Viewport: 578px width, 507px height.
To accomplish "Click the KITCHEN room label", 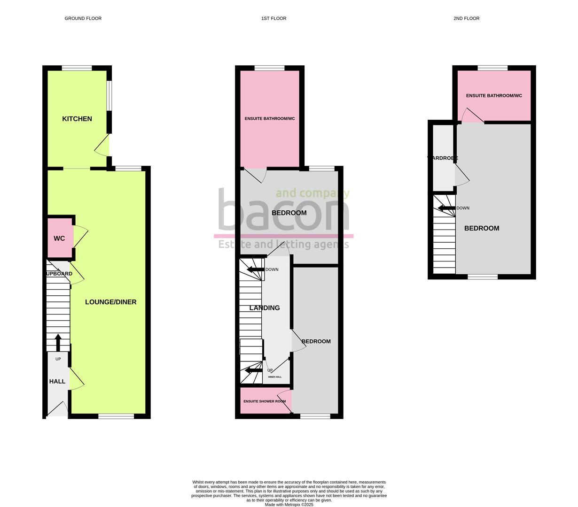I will pyautogui.click(x=77, y=119).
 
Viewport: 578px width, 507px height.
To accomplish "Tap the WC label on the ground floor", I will pyautogui.click(x=59, y=238).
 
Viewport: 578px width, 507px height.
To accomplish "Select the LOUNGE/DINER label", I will pyautogui.click(x=110, y=302).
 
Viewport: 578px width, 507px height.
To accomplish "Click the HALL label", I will pyautogui.click(x=57, y=381).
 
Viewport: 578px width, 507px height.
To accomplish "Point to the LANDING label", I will pyautogui.click(x=265, y=308).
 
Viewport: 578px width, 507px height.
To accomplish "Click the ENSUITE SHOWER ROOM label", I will pyautogui.click(x=265, y=401).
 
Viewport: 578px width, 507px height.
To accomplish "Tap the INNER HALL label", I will pyautogui.click(x=275, y=377).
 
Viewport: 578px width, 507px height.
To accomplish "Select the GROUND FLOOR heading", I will pyautogui.click(x=83, y=18).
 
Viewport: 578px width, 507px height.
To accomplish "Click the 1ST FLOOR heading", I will pyautogui.click(x=273, y=18).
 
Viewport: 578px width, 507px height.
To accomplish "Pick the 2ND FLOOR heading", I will pyautogui.click(x=466, y=18).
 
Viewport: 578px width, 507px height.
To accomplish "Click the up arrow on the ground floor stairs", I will pyautogui.click(x=58, y=342).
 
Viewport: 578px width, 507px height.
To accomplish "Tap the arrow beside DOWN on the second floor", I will pyautogui.click(x=446, y=208).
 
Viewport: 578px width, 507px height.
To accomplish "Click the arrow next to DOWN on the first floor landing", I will pyautogui.click(x=255, y=269).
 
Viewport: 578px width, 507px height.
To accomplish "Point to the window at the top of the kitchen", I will pyautogui.click(x=77, y=69).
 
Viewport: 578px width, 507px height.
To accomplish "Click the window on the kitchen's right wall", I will pyautogui.click(x=109, y=96).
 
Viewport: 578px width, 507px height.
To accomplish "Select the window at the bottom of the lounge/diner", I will pyautogui.click(x=116, y=415).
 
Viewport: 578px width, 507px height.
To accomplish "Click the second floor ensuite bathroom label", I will pyautogui.click(x=494, y=96).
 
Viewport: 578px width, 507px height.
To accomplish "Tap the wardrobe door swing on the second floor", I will pyautogui.click(x=462, y=176).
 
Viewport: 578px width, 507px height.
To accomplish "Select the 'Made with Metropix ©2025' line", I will pyautogui.click(x=289, y=505).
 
